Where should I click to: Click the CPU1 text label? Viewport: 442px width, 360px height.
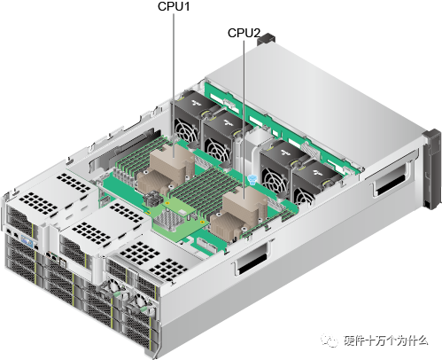(x=174, y=8)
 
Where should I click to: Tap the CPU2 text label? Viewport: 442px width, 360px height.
(x=244, y=33)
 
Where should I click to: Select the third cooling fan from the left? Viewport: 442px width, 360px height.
(x=279, y=161)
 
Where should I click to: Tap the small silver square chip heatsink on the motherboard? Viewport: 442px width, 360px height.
(x=174, y=213)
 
